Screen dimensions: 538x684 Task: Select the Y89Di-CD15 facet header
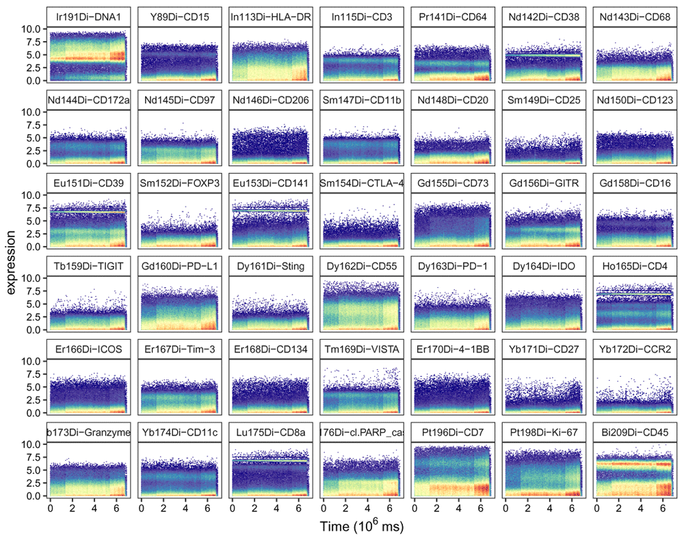pyautogui.click(x=178, y=17)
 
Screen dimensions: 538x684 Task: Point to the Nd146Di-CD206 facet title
pyautogui.click(x=269, y=100)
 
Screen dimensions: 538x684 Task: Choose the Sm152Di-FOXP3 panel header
pyautogui.click(x=178, y=183)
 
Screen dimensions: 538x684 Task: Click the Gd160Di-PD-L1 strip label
pyautogui.click(x=178, y=267)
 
